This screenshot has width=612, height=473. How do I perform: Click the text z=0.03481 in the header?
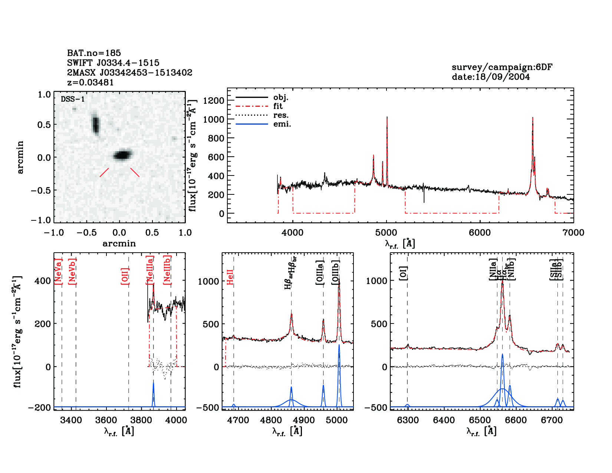90,82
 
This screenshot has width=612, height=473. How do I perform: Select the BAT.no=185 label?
94,53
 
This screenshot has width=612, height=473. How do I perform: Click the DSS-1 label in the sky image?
73,99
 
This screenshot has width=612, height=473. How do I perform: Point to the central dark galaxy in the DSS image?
122,155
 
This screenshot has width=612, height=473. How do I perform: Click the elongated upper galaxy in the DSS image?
96,124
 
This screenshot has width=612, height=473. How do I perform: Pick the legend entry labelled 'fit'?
278,106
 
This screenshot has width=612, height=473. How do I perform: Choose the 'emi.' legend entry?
282,124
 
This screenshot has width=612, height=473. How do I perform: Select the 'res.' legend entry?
281,115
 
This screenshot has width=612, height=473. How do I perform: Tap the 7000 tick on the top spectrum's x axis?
573,233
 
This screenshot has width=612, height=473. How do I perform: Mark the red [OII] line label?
125,276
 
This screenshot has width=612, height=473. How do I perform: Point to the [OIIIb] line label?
336,272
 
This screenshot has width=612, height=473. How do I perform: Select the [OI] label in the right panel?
404,273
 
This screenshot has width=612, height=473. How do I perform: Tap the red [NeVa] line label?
58,272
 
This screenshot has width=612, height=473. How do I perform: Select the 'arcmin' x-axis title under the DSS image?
119,243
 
